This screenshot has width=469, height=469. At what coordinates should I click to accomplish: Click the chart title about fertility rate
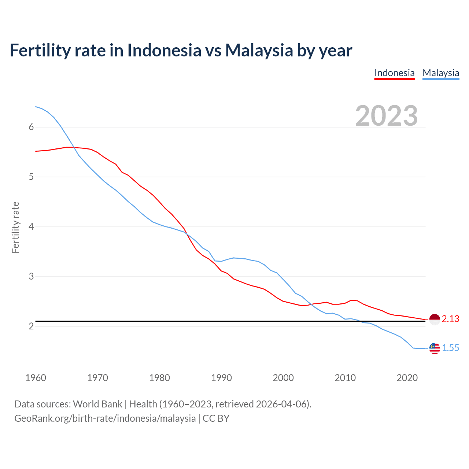coord(181,50)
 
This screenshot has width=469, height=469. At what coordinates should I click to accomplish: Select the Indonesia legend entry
coord(394,73)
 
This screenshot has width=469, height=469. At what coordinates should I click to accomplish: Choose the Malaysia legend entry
coord(441,73)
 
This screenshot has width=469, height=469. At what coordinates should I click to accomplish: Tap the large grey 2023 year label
coord(387,116)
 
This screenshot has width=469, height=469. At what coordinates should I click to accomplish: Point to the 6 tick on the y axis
coord(31,127)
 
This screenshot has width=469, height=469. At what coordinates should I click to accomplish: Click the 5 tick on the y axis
coord(31,177)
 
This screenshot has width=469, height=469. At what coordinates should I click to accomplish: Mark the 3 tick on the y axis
coord(31,277)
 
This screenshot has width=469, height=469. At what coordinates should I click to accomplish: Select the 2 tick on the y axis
coord(31,326)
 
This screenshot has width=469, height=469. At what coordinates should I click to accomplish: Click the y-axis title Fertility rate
coord(15,227)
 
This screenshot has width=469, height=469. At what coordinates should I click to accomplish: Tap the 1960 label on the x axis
coord(36,378)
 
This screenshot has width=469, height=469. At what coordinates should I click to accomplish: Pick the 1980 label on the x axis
coord(159,378)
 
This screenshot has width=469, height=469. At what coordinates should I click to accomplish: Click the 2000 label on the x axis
coord(283,378)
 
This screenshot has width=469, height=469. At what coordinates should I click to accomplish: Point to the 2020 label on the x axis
coord(407,378)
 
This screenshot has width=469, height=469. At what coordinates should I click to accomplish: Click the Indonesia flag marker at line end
coord(435,320)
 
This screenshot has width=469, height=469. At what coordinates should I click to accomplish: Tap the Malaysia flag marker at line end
coord(435,348)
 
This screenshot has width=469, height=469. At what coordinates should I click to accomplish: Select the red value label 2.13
coord(450,319)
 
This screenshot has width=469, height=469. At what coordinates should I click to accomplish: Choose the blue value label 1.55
coord(450,348)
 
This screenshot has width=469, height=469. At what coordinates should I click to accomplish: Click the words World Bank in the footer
coord(97,404)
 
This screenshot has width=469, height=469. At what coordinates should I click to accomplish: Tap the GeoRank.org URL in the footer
coord(105,418)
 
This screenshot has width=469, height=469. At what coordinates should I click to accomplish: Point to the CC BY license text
coord(216,418)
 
